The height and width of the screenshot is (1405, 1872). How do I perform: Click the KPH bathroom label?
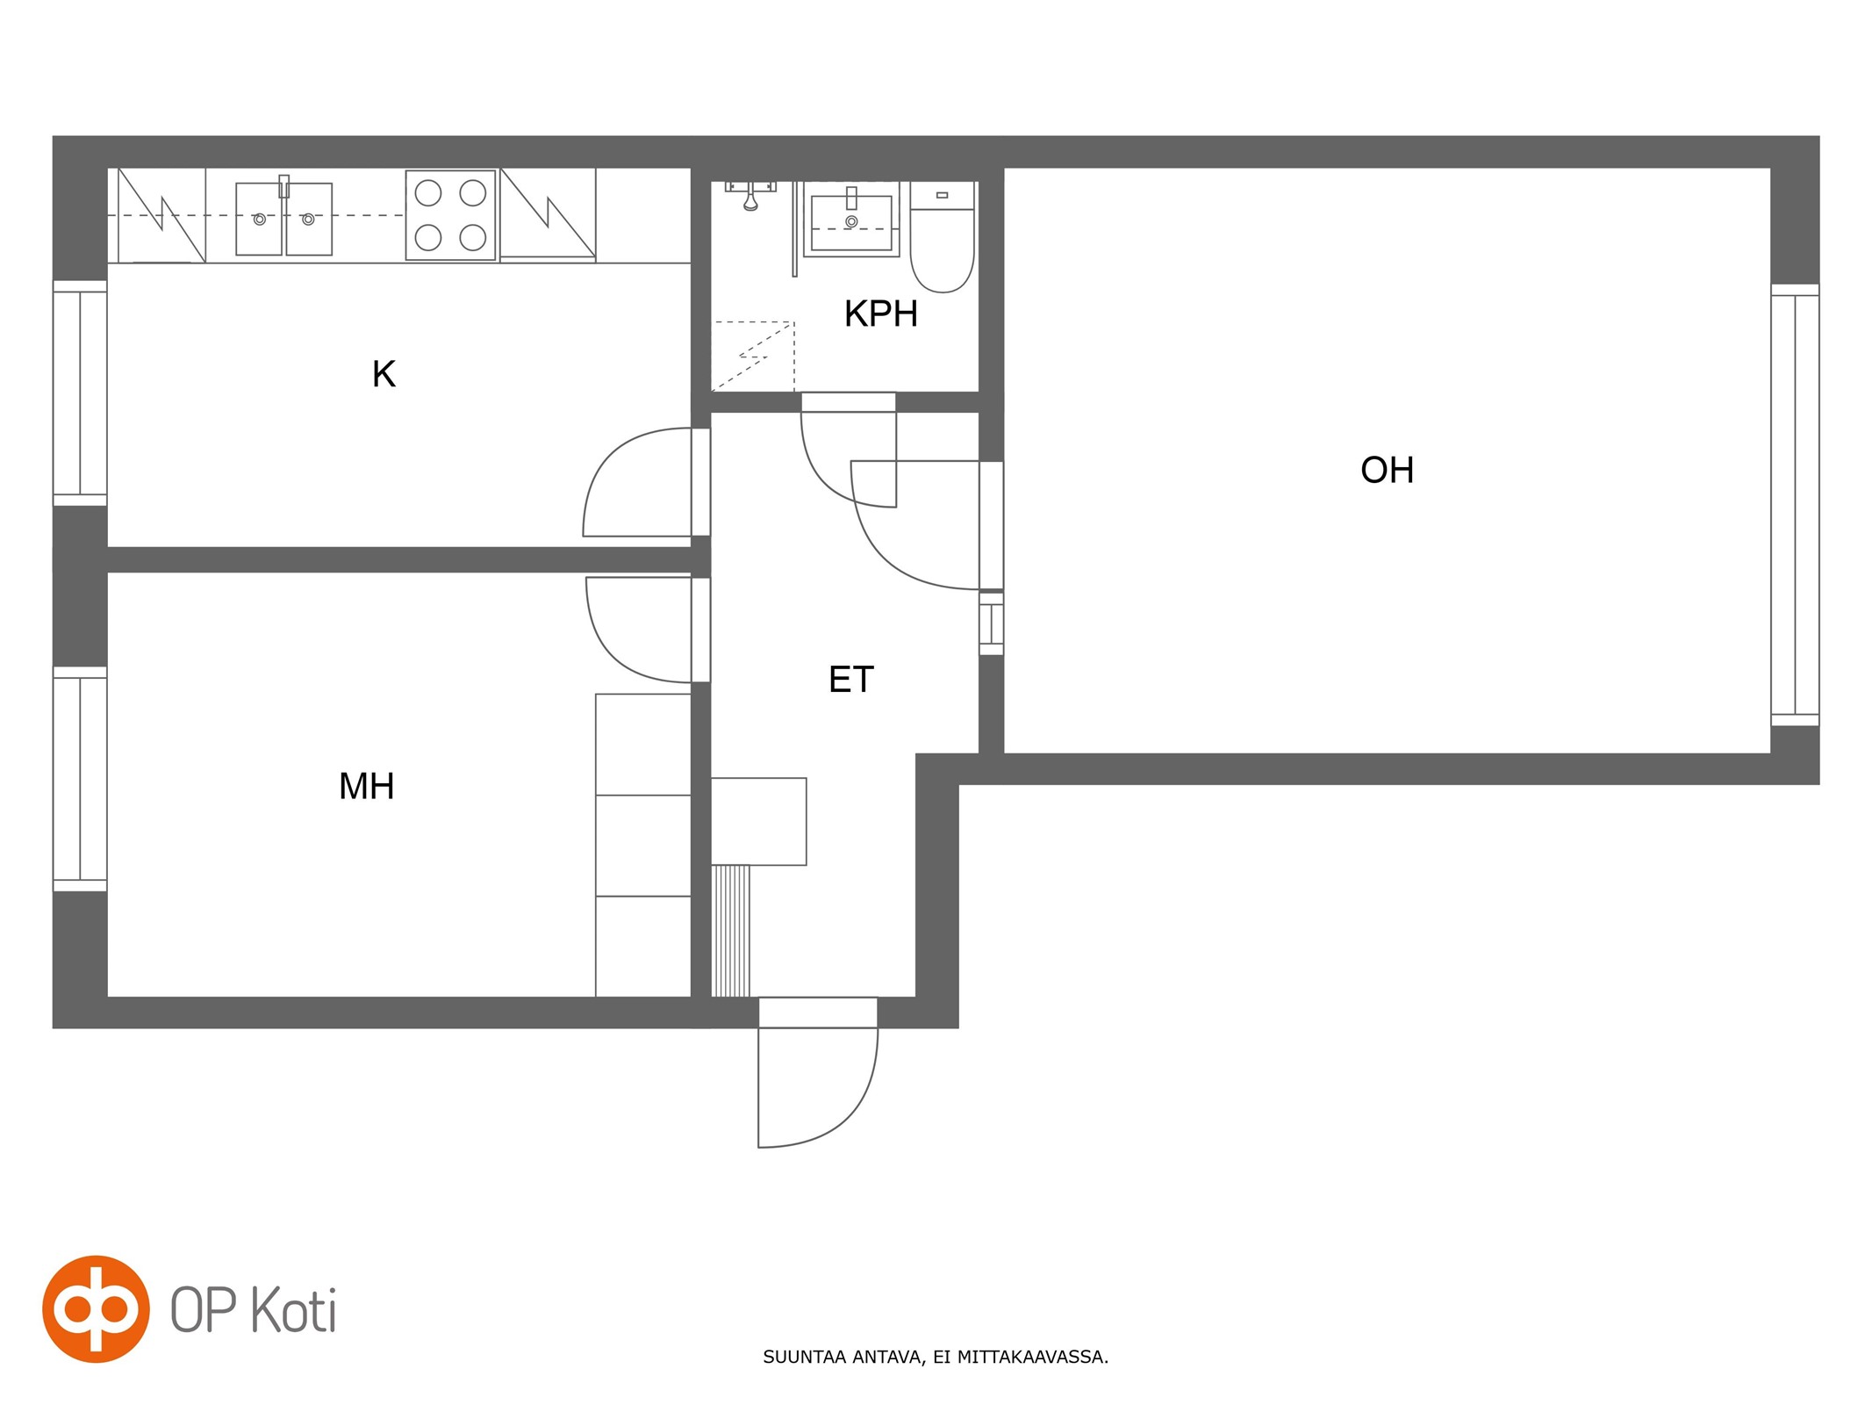pos(880,313)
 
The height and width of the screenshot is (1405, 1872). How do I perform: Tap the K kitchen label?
pos(384,374)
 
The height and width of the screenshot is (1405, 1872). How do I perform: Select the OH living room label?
pos(1387,470)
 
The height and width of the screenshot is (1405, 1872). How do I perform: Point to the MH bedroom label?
pos(366,786)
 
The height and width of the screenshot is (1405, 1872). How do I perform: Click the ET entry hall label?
pos(850,679)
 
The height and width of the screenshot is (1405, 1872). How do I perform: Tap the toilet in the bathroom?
pos(942,237)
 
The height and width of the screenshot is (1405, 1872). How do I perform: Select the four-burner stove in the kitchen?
pos(450,215)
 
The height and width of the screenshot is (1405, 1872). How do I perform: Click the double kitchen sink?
pos(283,218)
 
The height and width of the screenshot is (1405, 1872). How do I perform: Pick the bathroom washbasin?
pos(851,220)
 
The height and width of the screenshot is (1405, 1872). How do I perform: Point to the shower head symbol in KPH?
pos(750,197)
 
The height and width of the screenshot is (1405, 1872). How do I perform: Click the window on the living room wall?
pos(1795,505)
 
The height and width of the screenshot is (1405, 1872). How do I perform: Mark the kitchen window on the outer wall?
pos(80,393)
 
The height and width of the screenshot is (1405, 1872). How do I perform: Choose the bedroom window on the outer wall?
pos(80,779)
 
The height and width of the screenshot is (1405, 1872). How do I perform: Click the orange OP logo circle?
pos(96,1308)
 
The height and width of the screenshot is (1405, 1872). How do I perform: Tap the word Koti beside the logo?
pos(294,1309)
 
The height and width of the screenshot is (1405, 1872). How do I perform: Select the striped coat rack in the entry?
pos(730,931)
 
